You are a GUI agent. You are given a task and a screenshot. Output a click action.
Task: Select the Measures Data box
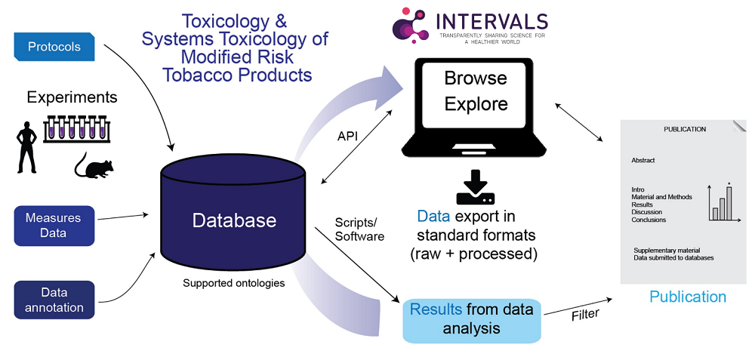tap(54, 226)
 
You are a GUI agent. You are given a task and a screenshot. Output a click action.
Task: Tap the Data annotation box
tap(54, 300)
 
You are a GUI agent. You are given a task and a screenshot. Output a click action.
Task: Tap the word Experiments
tap(72, 97)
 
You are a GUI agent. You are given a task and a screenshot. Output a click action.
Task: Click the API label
tap(349, 135)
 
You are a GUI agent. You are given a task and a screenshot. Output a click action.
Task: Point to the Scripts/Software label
tap(359, 229)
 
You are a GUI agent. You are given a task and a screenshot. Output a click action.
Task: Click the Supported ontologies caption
tap(233, 284)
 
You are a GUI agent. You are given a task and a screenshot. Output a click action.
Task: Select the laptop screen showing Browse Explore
tap(476, 91)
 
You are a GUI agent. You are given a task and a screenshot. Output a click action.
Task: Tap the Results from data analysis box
tap(471, 318)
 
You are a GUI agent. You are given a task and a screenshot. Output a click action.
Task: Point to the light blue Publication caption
tap(687, 297)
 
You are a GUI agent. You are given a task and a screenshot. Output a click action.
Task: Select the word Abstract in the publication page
tap(643, 160)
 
